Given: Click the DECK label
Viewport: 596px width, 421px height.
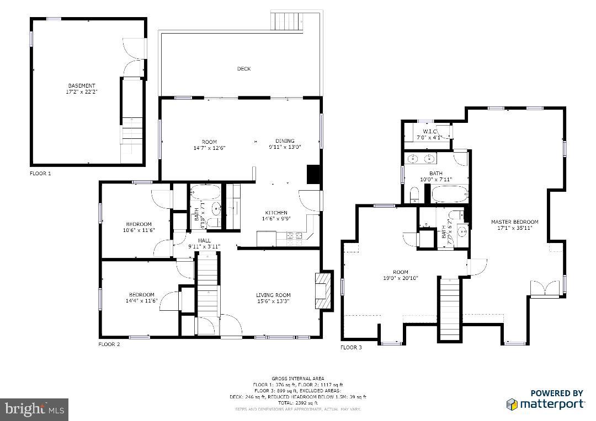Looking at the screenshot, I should (244, 69).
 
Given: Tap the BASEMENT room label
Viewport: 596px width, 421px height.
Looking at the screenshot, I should (81, 86).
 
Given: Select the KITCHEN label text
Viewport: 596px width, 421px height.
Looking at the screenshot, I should (276, 213).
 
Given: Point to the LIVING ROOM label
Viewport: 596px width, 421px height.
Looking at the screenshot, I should (273, 295).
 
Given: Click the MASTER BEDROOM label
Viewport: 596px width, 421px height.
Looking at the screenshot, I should (514, 222).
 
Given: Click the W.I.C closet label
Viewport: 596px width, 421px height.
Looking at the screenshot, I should (429, 131).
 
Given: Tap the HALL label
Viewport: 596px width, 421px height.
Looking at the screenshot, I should (204, 240).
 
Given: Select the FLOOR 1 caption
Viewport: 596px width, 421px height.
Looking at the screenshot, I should (40, 173).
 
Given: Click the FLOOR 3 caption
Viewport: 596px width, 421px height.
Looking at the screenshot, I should (351, 348).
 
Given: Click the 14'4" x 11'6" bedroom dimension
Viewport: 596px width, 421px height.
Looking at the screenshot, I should (142, 301).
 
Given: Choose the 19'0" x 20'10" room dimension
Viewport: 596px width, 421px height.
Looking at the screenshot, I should (401, 278).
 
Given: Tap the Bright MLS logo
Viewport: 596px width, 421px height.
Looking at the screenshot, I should (34, 409).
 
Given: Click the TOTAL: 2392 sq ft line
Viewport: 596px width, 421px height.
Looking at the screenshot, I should (298, 403).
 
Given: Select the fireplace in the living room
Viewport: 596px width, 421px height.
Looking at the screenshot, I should (322, 290).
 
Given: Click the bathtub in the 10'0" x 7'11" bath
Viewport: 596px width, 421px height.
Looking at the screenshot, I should (449, 194).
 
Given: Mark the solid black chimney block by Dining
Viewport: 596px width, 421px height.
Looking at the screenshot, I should (313, 174).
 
